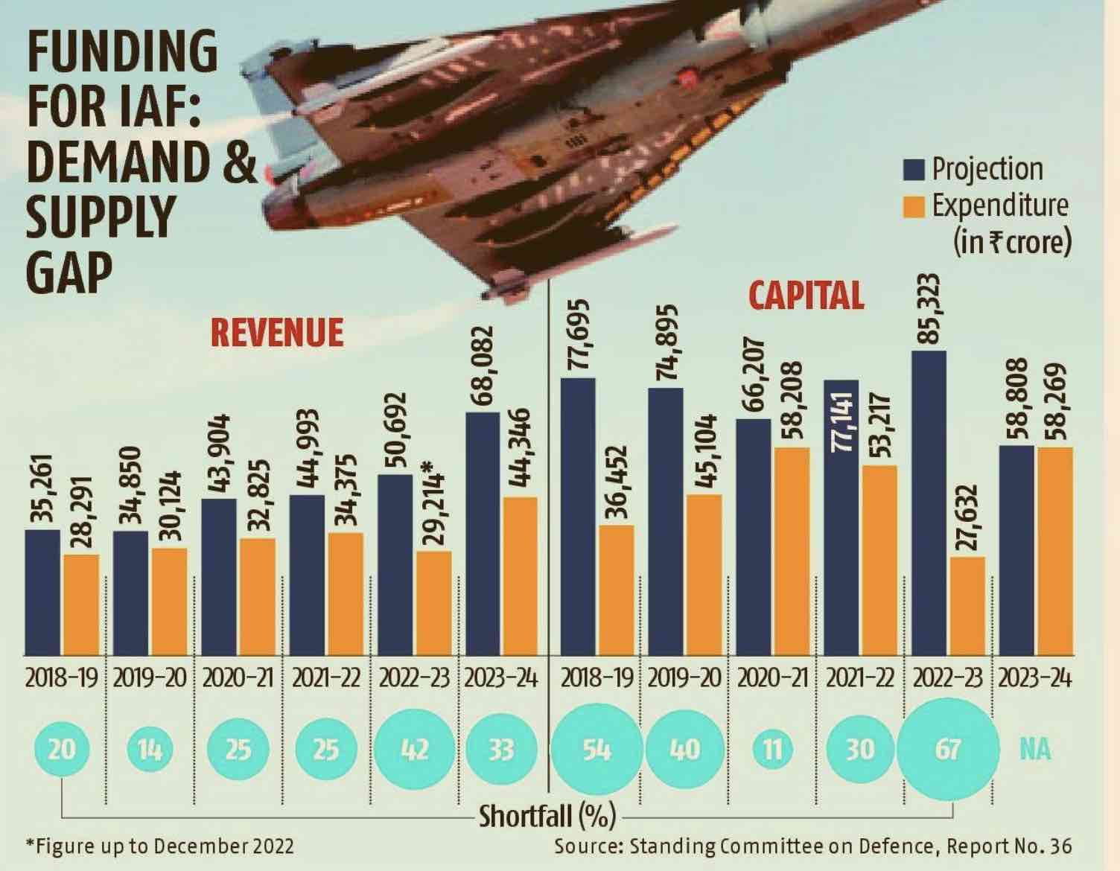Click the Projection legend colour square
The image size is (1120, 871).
pos(914,169)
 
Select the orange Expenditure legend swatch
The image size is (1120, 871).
pos(914,205)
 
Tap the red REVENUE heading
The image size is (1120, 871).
pos(277,332)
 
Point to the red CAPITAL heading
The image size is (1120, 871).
pos(806,295)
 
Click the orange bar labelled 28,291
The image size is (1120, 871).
pos(81,604)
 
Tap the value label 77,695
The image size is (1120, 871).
pos(578,334)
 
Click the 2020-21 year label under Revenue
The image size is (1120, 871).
pos(238,679)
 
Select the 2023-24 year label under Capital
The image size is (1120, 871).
pos(1035,679)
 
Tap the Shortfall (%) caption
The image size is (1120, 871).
pos(547,816)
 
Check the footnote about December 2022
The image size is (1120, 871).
pos(159,846)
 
